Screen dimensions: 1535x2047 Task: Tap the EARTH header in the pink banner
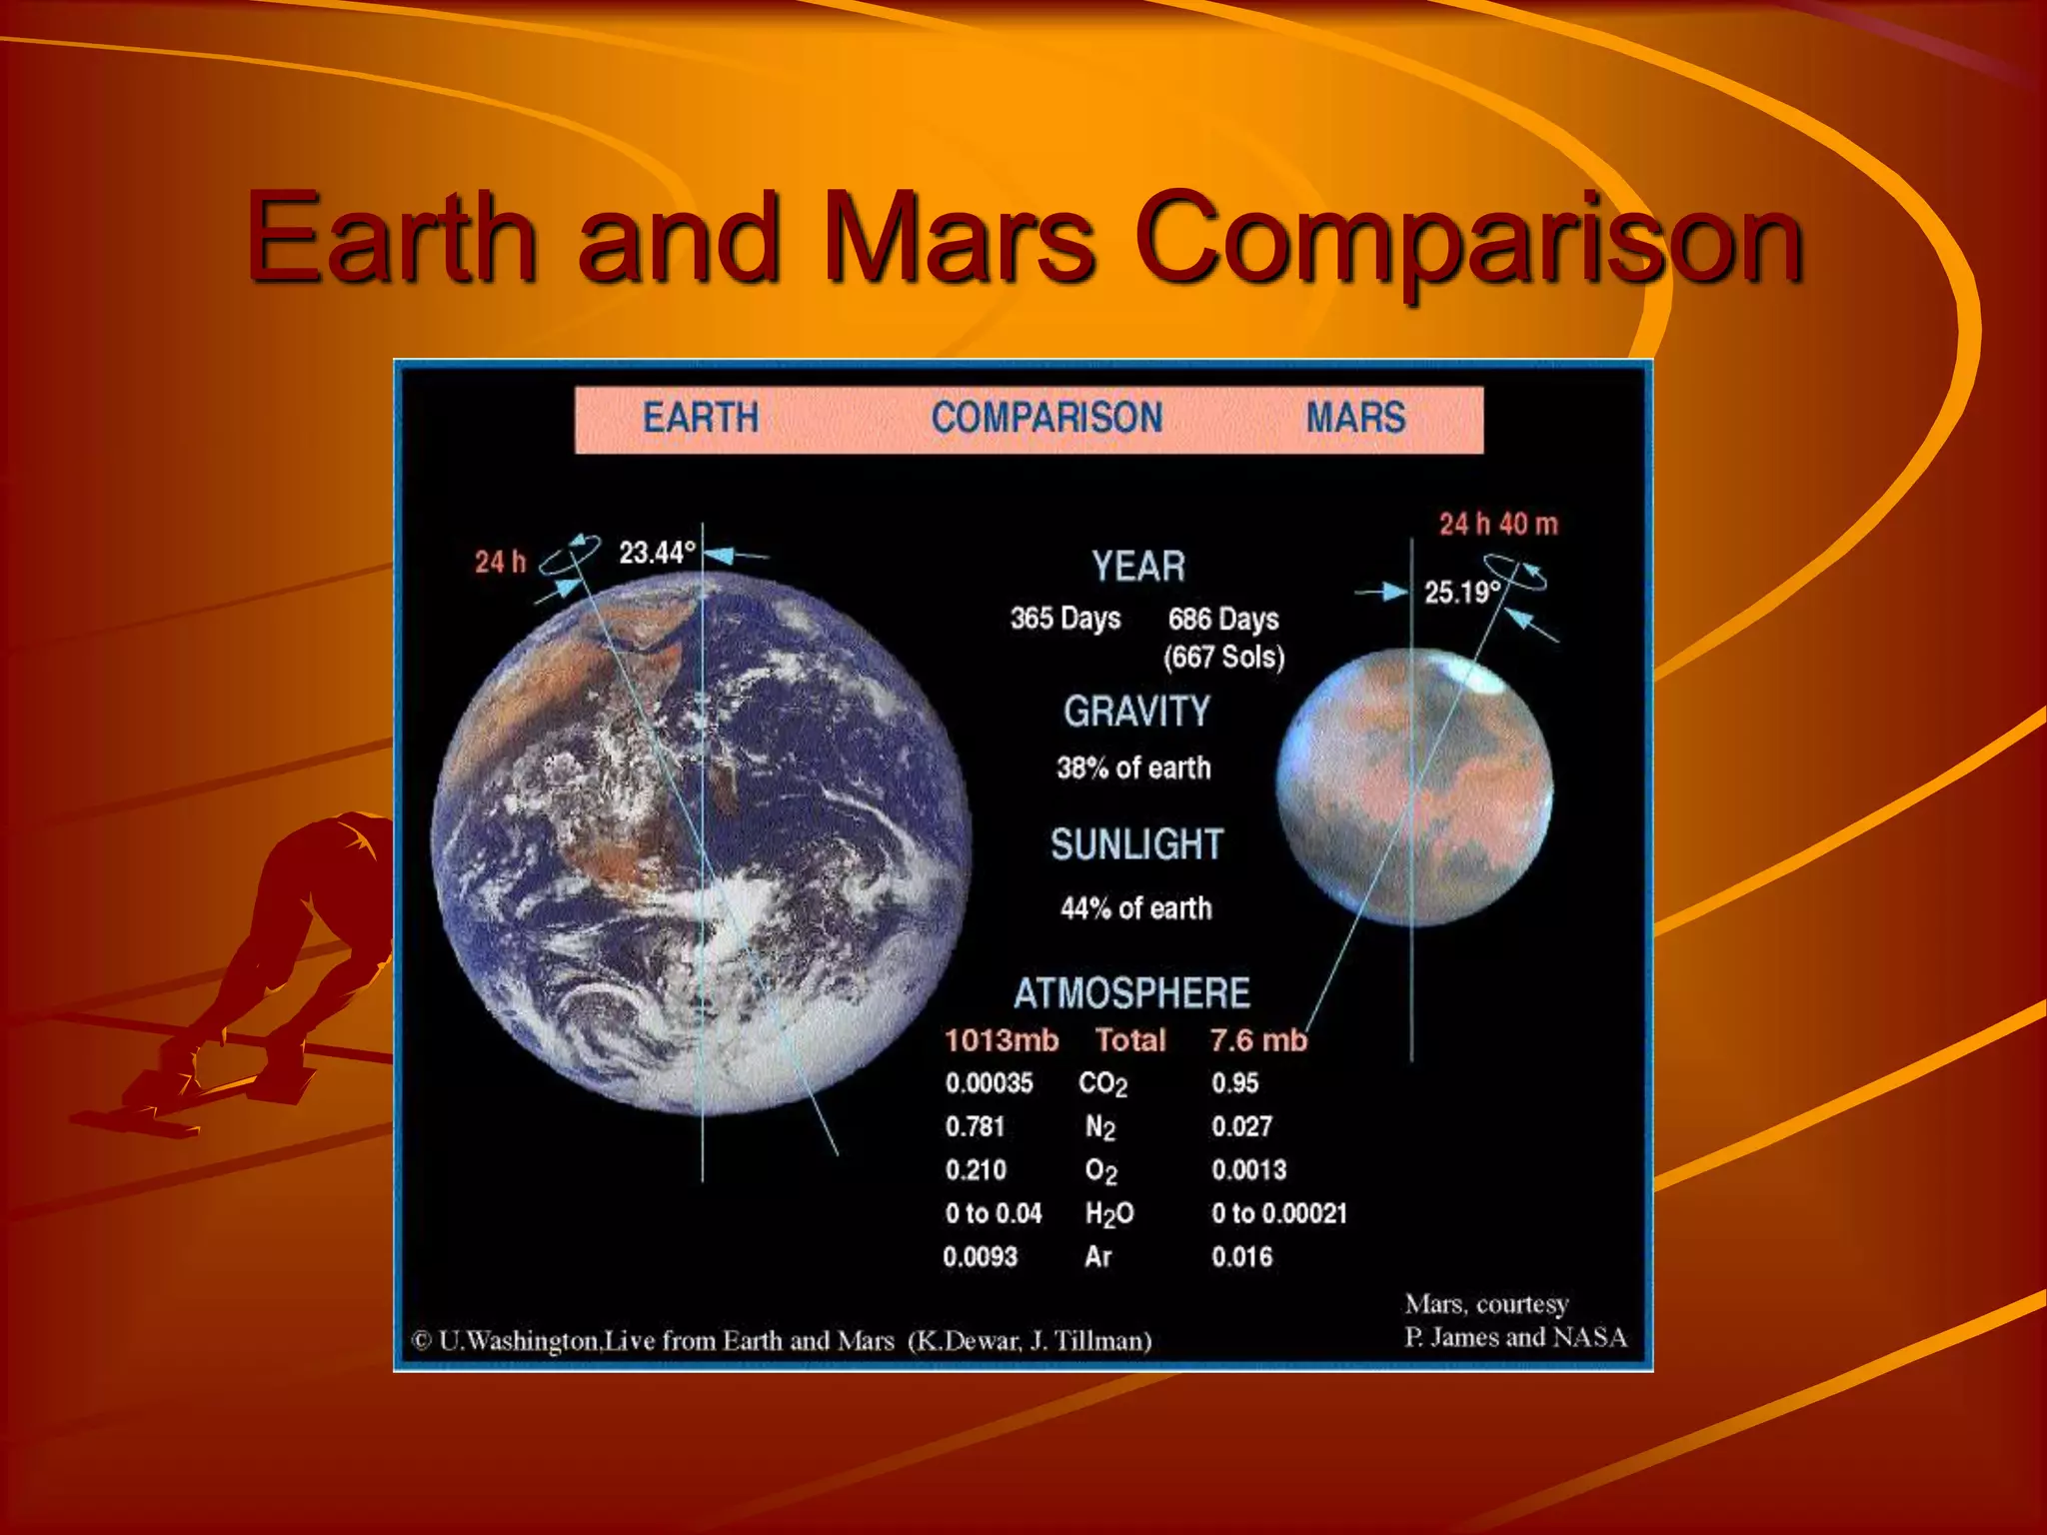click(701, 418)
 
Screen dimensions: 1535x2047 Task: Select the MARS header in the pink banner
click(1355, 418)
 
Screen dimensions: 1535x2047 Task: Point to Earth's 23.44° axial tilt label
click(657, 553)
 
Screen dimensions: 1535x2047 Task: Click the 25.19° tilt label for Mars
click(1461, 593)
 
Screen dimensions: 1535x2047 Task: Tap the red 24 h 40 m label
click(1497, 524)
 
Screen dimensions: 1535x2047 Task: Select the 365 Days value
click(1064, 619)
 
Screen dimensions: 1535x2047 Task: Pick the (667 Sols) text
click(1223, 658)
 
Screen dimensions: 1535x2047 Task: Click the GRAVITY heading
click(1136, 712)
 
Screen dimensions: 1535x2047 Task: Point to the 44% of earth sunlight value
click(1135, 908)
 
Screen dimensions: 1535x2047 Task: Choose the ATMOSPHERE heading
click(1131, 993)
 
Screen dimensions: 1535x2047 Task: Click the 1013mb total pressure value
click(1001, 1040)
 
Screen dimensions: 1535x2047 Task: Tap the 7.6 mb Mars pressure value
click(1257, 1040)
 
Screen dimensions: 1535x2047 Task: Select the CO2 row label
click(1102, 1084)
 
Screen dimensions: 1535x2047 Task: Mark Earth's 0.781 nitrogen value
click(975, 1127)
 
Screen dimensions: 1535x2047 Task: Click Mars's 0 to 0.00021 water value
click(1278, 1213)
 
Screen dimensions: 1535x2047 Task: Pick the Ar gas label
click(1097, 1257)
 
